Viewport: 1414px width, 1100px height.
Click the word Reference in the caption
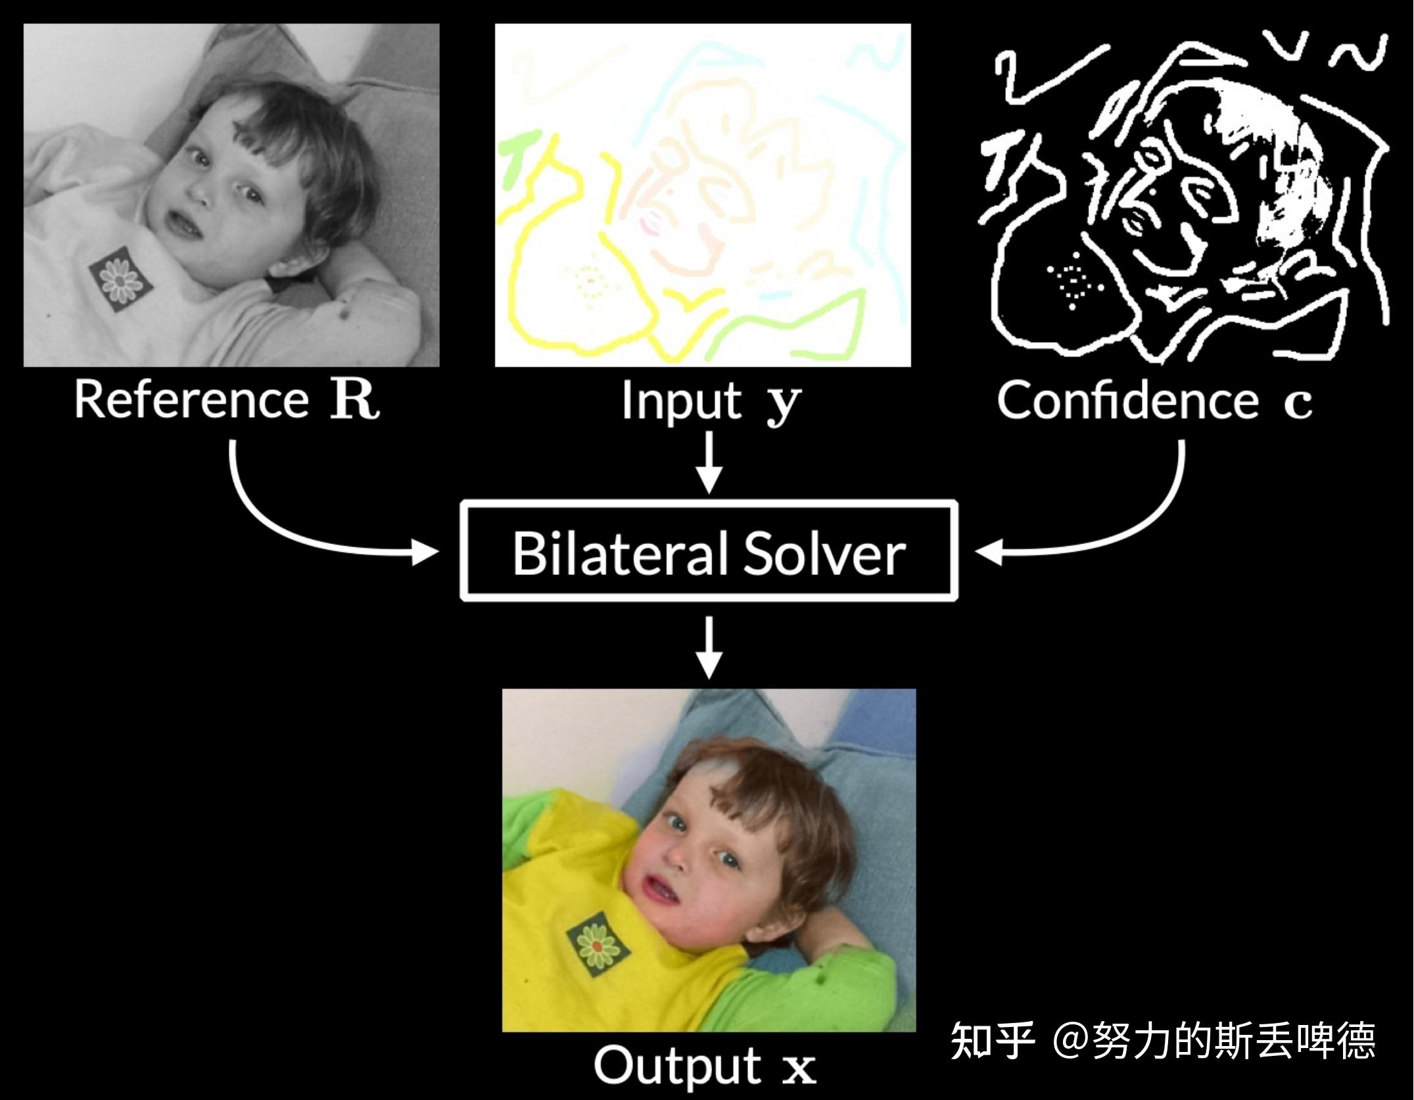coord(191,399)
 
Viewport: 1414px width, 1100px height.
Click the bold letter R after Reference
coord(354,399)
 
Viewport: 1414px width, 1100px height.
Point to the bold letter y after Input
coord(784,402)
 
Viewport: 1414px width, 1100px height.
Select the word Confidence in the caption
coord(1127,399)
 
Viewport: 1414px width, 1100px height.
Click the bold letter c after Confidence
coord(1298,402)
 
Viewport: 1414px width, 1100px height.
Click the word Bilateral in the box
coord(620,553)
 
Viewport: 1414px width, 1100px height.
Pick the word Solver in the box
coord(824,553)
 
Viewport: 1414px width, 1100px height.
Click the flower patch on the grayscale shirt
coord(121,279)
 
